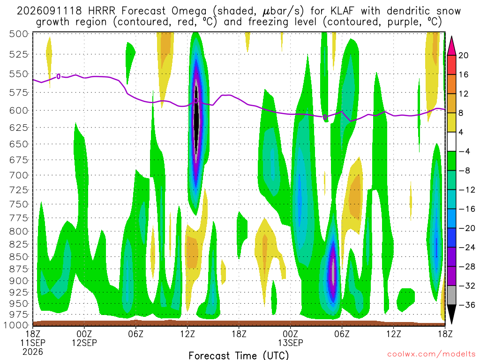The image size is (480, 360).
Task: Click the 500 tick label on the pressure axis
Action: click(x=19, y=34)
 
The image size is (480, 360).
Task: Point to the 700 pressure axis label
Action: click(x=19, y=175)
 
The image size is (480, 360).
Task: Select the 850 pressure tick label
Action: click(x=19, y=257)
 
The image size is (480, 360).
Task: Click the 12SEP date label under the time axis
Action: click(x=84, y=343)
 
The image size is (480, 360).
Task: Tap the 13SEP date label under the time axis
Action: click(x=291, y=343)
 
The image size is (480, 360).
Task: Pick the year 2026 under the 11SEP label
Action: click(x=33, y=352)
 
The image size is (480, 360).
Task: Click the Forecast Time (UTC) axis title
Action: click(x=239, y=355)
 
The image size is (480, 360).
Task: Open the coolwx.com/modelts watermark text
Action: click(x=431, y=354)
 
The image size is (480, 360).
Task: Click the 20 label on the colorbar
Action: click(x=463, y=55)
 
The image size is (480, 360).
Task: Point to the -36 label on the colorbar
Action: click(x=466, y=305)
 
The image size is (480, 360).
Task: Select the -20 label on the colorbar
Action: click(x=466, y=228)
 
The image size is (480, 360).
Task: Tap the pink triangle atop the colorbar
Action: click(x=451, y=46)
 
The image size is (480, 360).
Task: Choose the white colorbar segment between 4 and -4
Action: click(x=451, y=142)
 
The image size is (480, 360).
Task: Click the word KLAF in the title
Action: click(x=342, y=11)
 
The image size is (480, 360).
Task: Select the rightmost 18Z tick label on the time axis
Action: click(x=445, y=334)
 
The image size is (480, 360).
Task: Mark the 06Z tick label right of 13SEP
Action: click(x=342, y=334)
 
